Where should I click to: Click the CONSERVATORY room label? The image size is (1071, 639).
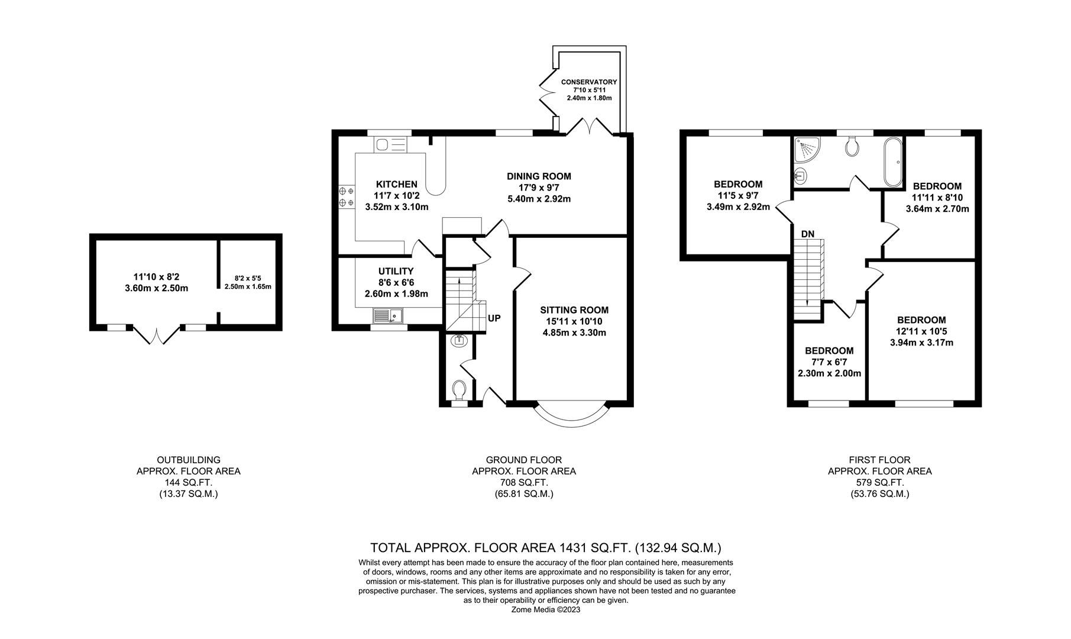[x=588, y=82]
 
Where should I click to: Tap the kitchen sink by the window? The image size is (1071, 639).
[x=390, y=145]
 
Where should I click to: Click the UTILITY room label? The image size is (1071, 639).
[x=396, y=271]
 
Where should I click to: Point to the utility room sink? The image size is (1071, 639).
[x=387, y=316]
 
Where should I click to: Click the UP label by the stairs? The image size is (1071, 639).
[x=494, y=318]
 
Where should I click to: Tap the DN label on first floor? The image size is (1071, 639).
[x=807, y=234]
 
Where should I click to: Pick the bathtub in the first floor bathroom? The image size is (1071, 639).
[x=892, y=160]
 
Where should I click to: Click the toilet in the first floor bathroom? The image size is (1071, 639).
[x=852, y=146]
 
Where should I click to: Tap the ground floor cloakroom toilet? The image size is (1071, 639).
[x=459, y=390]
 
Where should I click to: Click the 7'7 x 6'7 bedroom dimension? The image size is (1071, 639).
[x=829, y=362]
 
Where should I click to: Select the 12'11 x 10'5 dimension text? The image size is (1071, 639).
[x=921, y=331]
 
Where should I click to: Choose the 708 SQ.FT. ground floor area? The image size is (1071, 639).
[x=523, y=483]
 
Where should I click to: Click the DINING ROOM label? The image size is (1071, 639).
[x=539, y=176]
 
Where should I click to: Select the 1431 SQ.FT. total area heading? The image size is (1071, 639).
[x=545, y=548]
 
